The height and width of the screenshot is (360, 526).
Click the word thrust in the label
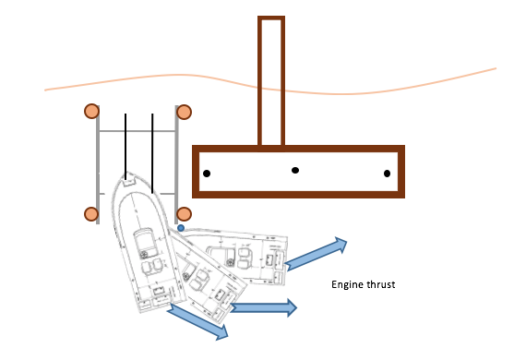(381, 284)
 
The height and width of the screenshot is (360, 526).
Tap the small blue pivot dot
(181, 228)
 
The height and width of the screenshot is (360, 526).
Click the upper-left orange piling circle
(91, 111)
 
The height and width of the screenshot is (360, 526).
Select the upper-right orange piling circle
(184, 112)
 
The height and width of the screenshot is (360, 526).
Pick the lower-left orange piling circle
(91, 214)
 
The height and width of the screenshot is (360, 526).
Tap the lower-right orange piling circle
(184, 214)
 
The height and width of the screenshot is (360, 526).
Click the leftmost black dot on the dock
(207, 174)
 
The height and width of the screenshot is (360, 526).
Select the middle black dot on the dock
(295, 171)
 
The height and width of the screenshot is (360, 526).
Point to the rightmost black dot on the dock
(388, 174)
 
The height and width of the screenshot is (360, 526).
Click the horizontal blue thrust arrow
(264, 307)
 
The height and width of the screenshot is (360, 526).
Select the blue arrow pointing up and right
(316, 254)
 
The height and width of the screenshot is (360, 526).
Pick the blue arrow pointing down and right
(197, 321)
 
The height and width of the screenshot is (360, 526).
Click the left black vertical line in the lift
(126, 146)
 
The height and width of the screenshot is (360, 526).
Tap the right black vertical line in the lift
(152, 153)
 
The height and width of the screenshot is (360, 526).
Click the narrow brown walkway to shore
(271, 80)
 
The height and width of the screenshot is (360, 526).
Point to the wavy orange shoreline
(270, 90)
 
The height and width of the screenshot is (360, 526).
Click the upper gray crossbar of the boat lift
(137, 131)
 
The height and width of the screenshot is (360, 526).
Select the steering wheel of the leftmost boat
(144, 255)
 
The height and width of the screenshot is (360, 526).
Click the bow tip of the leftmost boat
(128, 174)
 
